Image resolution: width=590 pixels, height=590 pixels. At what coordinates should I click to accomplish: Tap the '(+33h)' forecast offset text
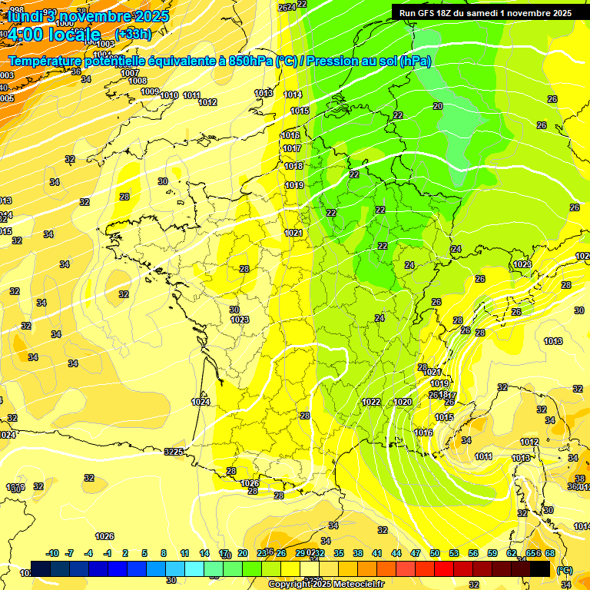point(133,34)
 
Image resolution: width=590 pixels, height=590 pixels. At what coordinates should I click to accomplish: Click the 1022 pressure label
point(371,402)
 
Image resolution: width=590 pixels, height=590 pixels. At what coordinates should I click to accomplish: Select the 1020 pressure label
point(403,402)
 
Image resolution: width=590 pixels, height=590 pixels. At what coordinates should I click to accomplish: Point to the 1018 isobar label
point(293,166)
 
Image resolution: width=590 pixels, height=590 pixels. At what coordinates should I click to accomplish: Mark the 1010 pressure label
point(169,95)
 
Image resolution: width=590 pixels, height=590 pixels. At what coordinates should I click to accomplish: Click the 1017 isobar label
point(292,148)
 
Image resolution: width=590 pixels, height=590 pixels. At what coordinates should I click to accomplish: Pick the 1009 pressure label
point(150,91)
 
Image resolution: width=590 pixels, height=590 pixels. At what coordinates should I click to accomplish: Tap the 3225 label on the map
point(174,452)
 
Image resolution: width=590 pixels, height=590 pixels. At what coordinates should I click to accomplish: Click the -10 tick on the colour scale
point(52,554)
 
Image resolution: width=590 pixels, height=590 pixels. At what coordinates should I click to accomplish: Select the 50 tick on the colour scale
point(435,554)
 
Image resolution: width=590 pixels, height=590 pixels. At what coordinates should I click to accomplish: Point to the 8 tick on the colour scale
point(164,554)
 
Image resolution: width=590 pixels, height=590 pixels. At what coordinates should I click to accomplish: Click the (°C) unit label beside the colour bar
point(564,570)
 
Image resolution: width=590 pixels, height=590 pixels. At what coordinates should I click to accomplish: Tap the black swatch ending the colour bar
point(540,568)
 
